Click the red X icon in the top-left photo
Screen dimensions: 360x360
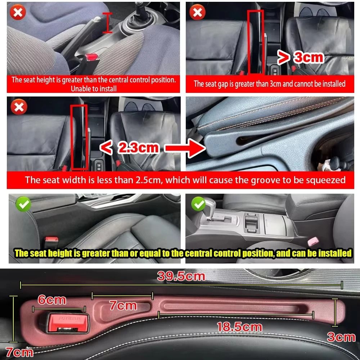click(18, 13)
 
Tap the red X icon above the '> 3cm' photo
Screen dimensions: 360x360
click(197, 13)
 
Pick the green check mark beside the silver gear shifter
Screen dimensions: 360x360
click(198, 204)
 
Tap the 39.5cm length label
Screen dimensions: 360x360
click(181, 276)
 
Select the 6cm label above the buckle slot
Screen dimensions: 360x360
click(52, 300)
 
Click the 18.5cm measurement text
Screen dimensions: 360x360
click(239, 327)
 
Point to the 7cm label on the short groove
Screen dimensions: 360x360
click(123, 306)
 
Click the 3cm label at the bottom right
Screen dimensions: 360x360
click(341, 337)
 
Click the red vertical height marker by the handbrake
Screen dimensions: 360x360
click(107, 23)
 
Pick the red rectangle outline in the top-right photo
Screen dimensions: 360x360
click(255, 42)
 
